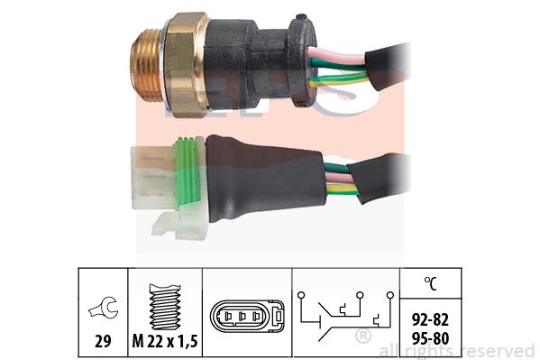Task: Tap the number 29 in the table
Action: pyautogui.click(x=103, y=341)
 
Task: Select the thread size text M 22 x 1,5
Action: pyautogui.click(x=165, y=341)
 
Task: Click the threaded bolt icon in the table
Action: pyautogui.click(x=165, y=306)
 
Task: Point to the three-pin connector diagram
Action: pyautogui.click(x=247, y=316)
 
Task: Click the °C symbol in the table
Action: pyautogui.click(x=430, y=283)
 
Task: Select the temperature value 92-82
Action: pyautogui.click(x=430, y=320)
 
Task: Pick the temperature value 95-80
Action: pyautogui.click(x=430, y=338)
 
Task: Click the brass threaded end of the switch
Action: pyautogui.click(x=146, y=66)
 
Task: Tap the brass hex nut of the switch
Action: pyautogui.click(x=186, y=65)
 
